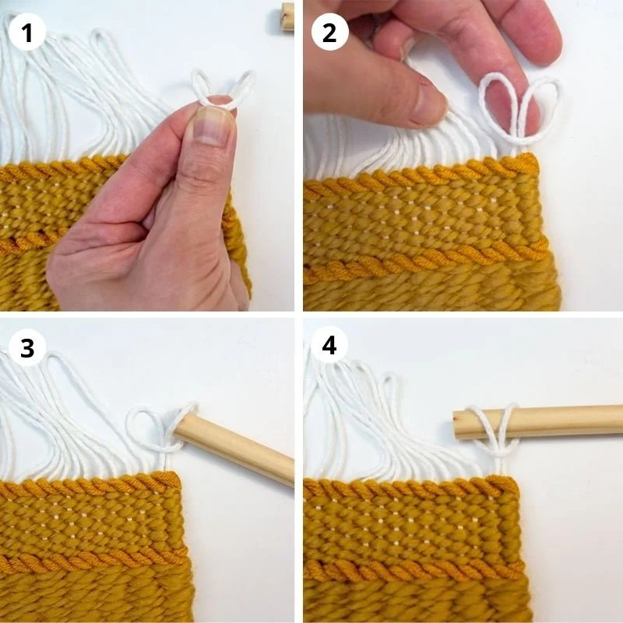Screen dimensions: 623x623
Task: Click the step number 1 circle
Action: point(26,33)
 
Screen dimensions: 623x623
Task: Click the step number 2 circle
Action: point(329,33)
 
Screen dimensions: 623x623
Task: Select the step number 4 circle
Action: point(329,345)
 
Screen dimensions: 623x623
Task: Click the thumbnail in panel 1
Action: point(212,126)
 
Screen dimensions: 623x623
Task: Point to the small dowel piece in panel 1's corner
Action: point(287,16)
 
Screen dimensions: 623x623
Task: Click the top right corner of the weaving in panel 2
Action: point(537,158)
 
